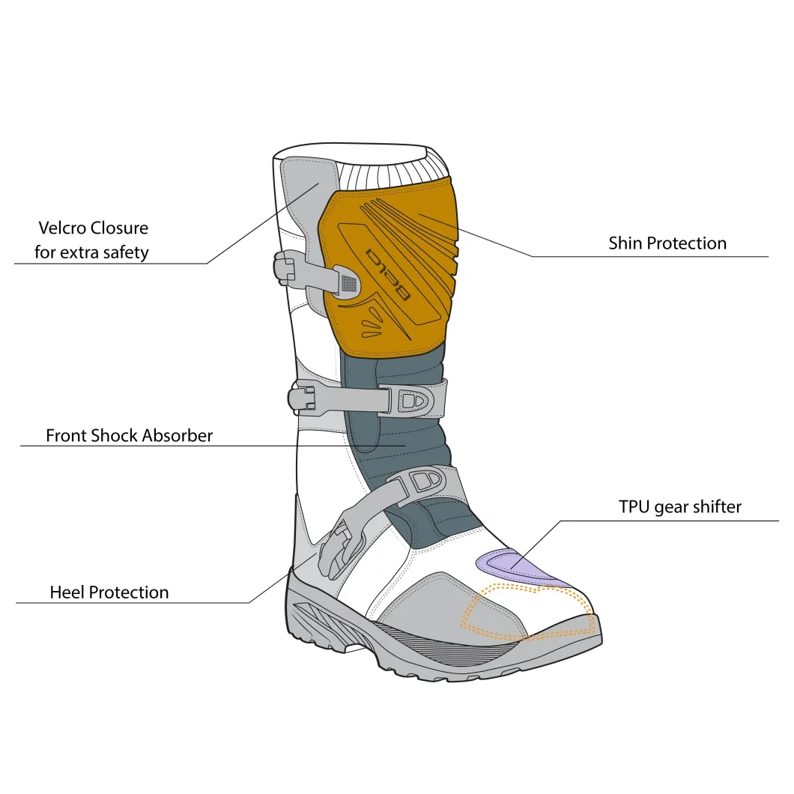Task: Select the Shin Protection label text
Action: click(667, 243)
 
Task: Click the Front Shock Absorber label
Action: click(129, 435)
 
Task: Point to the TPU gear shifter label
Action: click(680, 507)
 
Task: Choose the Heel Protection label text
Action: click(109, 593)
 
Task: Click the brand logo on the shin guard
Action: click(387, 273)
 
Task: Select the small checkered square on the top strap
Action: click(348, 282)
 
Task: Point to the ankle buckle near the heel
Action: click(340, 551)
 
